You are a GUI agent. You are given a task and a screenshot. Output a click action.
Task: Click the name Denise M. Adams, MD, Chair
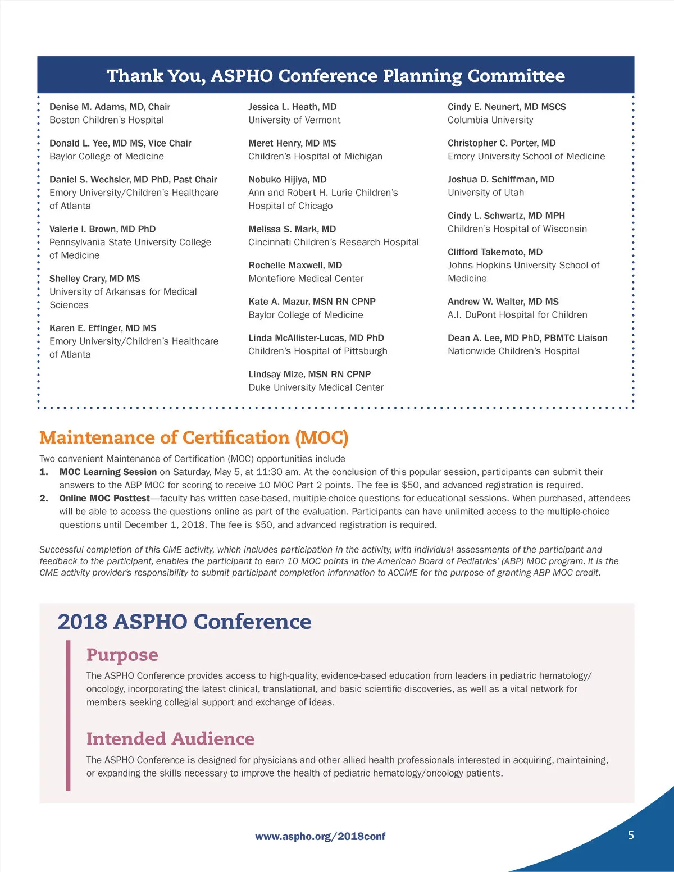coord(110,107)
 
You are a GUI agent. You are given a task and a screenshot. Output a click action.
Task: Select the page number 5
coord(631,835)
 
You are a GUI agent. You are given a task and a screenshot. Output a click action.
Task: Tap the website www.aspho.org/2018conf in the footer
coord(320,836)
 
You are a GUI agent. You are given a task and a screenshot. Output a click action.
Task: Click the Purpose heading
coord(122,655)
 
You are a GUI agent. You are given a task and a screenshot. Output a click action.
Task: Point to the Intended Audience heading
coord(170,738)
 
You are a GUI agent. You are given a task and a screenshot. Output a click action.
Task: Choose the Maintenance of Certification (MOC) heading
coord(194,437)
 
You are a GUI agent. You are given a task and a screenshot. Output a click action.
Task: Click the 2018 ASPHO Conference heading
coord(184,622)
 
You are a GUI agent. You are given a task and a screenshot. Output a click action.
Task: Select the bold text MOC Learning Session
coord(108,472)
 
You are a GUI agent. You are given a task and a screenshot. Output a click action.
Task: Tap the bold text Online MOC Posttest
coord(104,499)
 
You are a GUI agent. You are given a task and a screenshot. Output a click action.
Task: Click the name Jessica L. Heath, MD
coord(292,107)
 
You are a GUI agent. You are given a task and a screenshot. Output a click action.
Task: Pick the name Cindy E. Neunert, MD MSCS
coord(507,107)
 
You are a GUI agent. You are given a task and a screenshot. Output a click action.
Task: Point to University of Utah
coord(485,193)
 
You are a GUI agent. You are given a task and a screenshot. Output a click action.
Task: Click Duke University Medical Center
coord(316,387)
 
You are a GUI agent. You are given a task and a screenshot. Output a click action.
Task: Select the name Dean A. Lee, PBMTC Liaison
coord(527,338)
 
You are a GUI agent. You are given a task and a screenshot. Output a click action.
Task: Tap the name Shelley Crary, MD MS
coord(94,279)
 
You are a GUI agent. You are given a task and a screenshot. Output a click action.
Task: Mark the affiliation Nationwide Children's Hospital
coord(513,351)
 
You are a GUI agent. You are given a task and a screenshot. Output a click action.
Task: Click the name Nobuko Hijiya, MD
coord(287,180)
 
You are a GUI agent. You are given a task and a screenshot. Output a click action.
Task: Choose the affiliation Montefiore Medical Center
coord(306,279)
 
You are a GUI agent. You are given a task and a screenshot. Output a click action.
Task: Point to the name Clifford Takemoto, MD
coord(495,252)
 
